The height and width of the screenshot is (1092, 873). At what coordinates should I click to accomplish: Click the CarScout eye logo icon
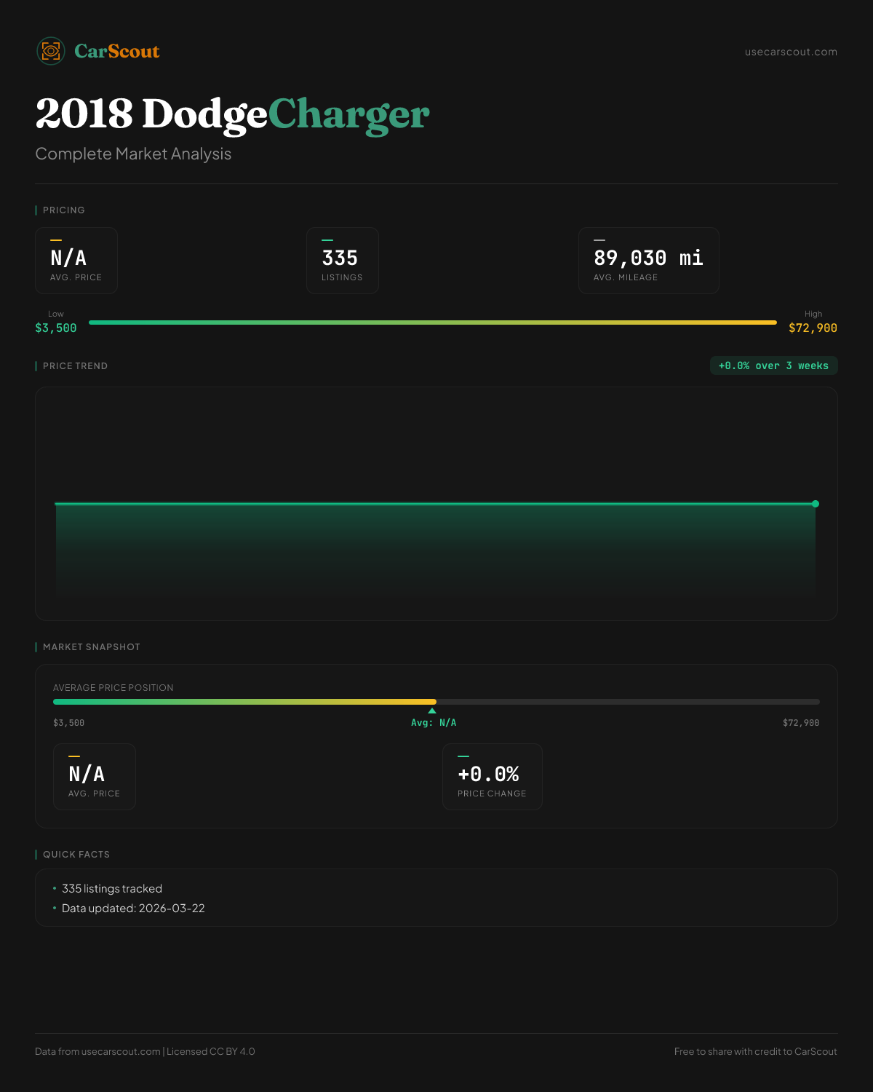pos(51,51)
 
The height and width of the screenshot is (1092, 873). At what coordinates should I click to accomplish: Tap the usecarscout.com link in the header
pos(791,52)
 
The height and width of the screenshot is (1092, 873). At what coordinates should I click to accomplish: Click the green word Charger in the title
pos(348,114)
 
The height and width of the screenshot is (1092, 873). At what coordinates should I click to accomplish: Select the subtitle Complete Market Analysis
pos(133,154)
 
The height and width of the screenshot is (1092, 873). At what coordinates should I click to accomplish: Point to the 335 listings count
pos(340,258)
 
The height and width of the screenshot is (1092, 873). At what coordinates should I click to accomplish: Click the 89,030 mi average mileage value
pos(648,258)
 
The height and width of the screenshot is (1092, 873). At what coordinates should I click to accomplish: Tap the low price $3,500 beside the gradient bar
pos(56,328)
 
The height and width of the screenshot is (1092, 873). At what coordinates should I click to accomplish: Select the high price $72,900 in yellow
pos(813,328)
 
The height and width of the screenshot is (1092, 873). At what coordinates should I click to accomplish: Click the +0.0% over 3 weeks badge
pos(773,366)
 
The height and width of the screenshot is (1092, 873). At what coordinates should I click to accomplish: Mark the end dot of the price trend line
pos(816,504)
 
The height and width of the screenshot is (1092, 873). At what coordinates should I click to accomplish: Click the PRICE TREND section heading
pos(75,366)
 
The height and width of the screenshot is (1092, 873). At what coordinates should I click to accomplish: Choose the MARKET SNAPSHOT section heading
pos(91,647)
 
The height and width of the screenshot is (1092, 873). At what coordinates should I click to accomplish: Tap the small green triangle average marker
pos(432,711)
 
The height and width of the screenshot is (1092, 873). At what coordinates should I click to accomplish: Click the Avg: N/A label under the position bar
pos(434,723)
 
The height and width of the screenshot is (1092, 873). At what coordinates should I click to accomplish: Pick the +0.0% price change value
pos(488,775)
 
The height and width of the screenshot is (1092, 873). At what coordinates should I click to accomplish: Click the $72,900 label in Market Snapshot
pos(800,723)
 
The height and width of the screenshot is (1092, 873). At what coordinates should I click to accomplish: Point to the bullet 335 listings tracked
pos(112,889)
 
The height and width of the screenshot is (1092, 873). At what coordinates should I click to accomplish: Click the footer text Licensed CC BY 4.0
pos(211,1052)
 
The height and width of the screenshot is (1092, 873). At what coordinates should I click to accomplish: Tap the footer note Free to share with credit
pos(755,1052)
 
